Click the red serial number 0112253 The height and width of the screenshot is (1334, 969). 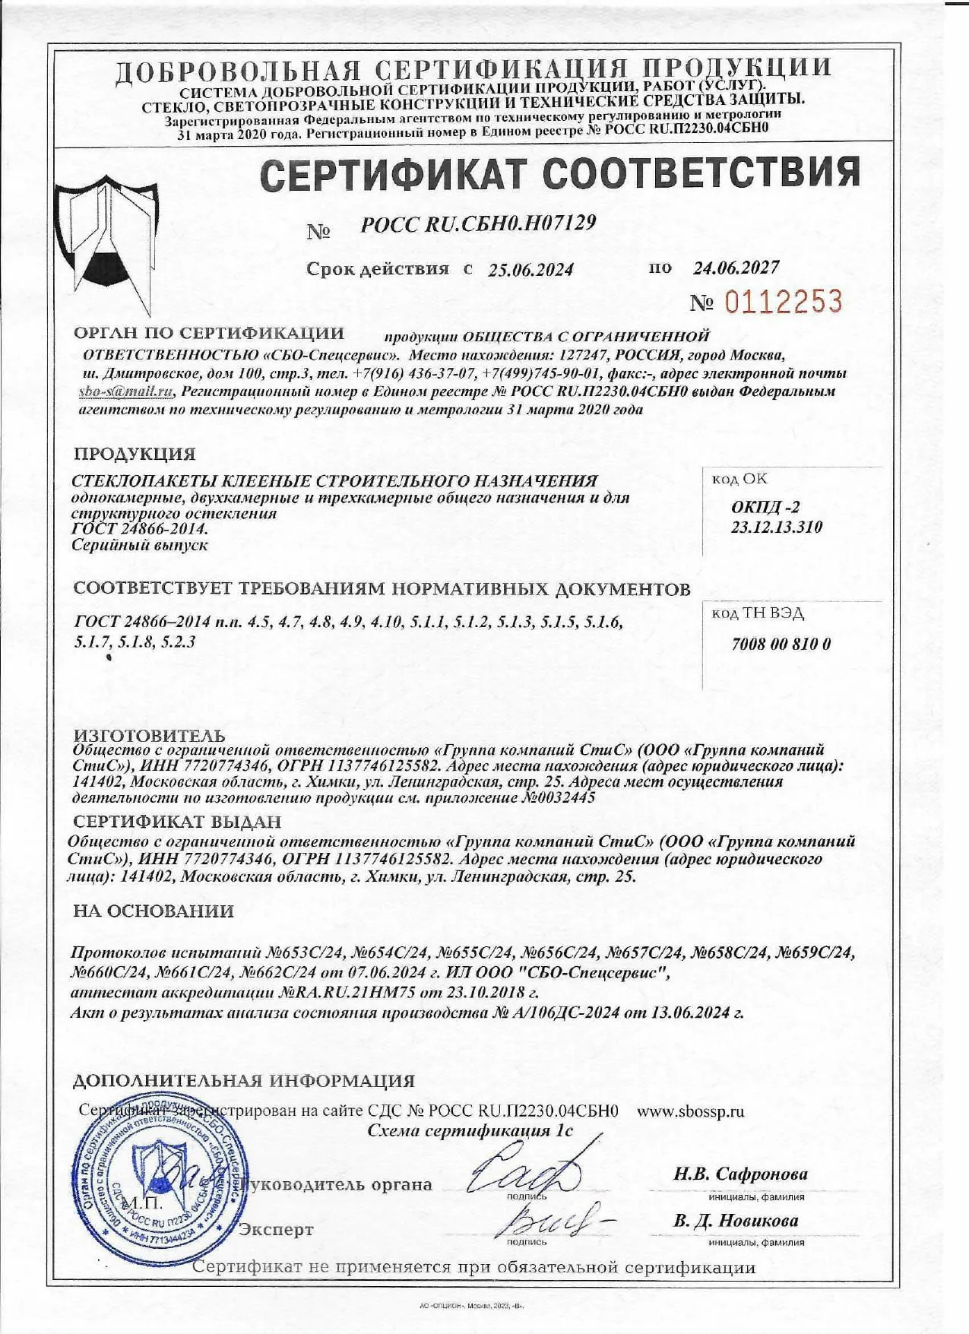783,303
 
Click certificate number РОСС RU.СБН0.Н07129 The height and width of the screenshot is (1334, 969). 478,224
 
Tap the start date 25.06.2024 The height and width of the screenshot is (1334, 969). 530,270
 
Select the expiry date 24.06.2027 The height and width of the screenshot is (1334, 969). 736,268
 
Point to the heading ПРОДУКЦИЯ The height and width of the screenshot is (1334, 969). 135,455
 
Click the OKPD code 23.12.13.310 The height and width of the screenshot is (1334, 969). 776,527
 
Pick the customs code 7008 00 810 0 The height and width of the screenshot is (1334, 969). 781,644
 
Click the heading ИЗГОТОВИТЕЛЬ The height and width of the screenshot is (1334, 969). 149,736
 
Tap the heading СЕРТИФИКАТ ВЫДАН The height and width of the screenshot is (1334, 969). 177,822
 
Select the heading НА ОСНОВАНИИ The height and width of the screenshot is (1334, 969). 154,911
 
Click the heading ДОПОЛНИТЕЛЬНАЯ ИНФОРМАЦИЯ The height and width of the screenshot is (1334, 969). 243,1081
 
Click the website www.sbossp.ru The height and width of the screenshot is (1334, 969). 690,1111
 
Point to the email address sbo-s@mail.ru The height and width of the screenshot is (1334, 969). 126,391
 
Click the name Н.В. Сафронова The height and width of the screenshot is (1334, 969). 740,1174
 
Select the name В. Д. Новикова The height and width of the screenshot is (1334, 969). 736,1221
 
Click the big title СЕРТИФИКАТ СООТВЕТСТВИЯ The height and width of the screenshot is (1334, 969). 560,173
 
